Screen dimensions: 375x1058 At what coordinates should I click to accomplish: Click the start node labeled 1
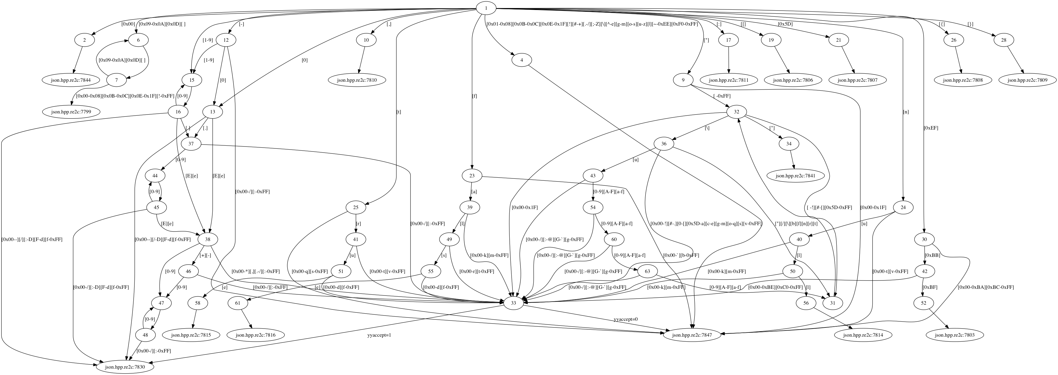click(486, 8)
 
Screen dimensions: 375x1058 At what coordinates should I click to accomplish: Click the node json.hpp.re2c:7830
click(126, 367)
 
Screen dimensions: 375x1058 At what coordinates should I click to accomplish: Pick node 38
click(208, 239)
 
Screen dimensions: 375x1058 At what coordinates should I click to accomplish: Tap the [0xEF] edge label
click(931, 128)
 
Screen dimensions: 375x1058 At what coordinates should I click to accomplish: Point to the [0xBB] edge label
click(932, 255)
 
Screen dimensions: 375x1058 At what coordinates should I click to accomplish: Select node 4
click(522, 60)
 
